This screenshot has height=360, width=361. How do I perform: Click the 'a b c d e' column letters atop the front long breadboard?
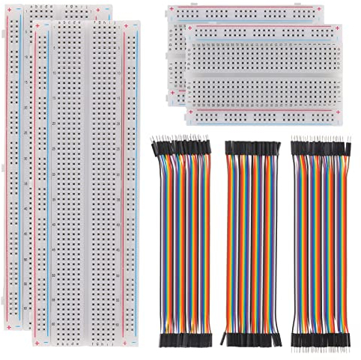70,23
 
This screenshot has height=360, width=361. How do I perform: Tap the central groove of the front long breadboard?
89,183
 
